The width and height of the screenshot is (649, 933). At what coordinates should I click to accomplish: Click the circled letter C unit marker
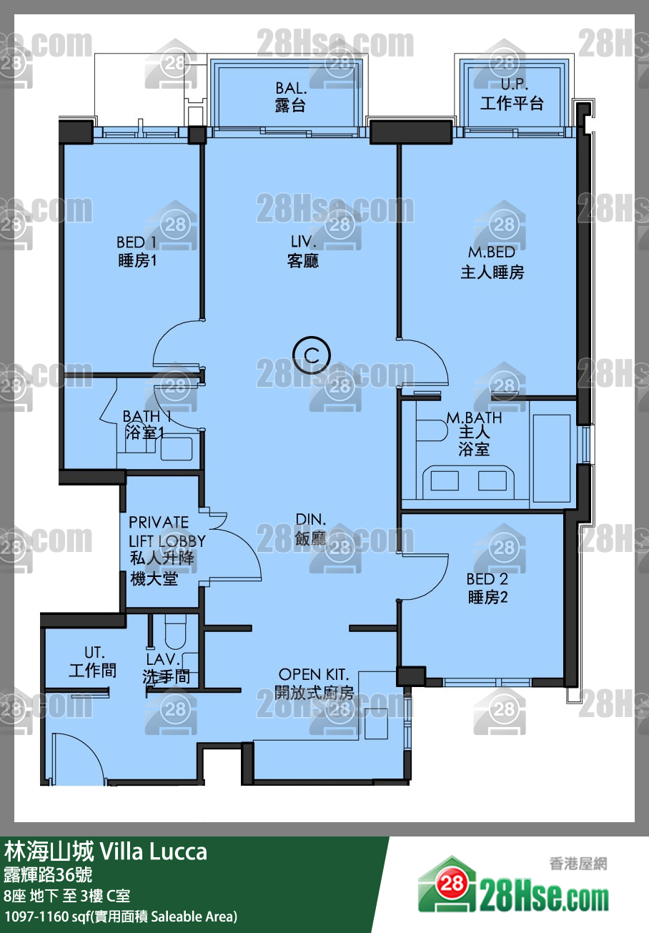pyautogui.click(x=312, y=355)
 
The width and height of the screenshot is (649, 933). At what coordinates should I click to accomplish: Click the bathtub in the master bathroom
pyautogui.click(x=551, y=457)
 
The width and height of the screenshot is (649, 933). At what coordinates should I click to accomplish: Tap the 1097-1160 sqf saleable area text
pyautogui.click(x=120, y=917)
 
